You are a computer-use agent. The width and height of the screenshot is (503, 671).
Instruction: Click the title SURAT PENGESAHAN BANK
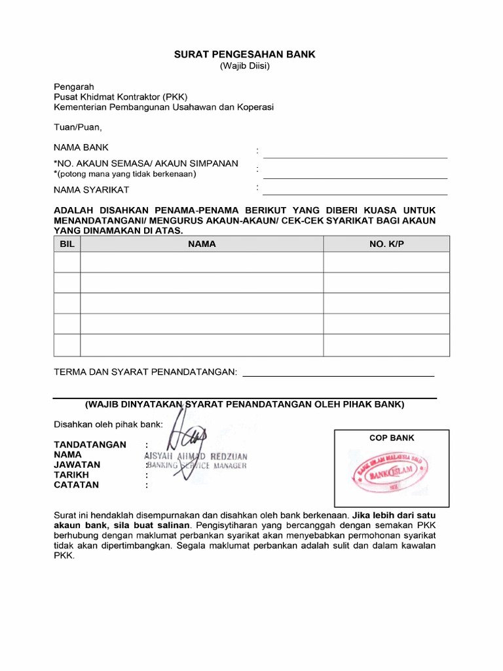pos(244,54)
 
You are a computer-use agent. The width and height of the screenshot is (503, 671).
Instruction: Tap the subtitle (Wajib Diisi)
pos(244,66)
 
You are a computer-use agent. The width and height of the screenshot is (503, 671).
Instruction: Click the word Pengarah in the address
pos(73,86)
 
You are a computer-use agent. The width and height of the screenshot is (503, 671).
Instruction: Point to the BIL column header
pos(67,244)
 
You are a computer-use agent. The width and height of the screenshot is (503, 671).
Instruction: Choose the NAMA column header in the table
pos(202,244)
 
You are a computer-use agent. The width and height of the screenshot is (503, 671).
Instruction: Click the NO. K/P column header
pos(386,244)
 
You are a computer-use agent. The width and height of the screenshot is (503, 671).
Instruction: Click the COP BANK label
pos(392,438)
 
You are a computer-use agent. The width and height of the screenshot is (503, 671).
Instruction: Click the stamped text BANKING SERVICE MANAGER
pos(197,465)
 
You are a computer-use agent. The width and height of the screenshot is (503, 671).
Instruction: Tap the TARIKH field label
pos(71,475)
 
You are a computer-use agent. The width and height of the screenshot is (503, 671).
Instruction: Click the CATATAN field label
pos(76,485)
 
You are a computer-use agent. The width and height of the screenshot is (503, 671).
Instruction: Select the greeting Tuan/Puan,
pos(77,127)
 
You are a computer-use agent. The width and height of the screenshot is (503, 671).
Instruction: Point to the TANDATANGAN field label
pos(90,444)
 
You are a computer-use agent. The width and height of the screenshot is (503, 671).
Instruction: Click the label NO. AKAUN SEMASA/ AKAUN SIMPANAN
pos(146,163)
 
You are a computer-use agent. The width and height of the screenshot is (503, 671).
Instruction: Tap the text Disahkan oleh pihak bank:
pos(108,424)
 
